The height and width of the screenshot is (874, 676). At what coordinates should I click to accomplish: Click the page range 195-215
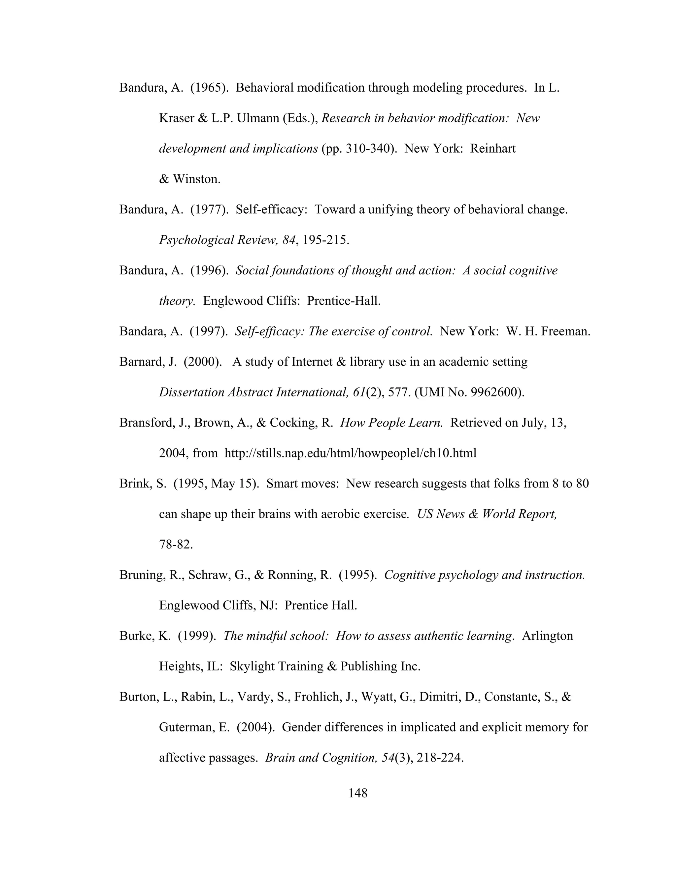[x=325, y=240]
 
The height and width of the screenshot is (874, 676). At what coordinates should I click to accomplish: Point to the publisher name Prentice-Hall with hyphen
[x=343, y=301]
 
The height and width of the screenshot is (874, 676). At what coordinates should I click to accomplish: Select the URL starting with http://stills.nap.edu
[x=351, y=453]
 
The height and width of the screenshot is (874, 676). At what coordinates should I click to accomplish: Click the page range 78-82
[x=176, y=545]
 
